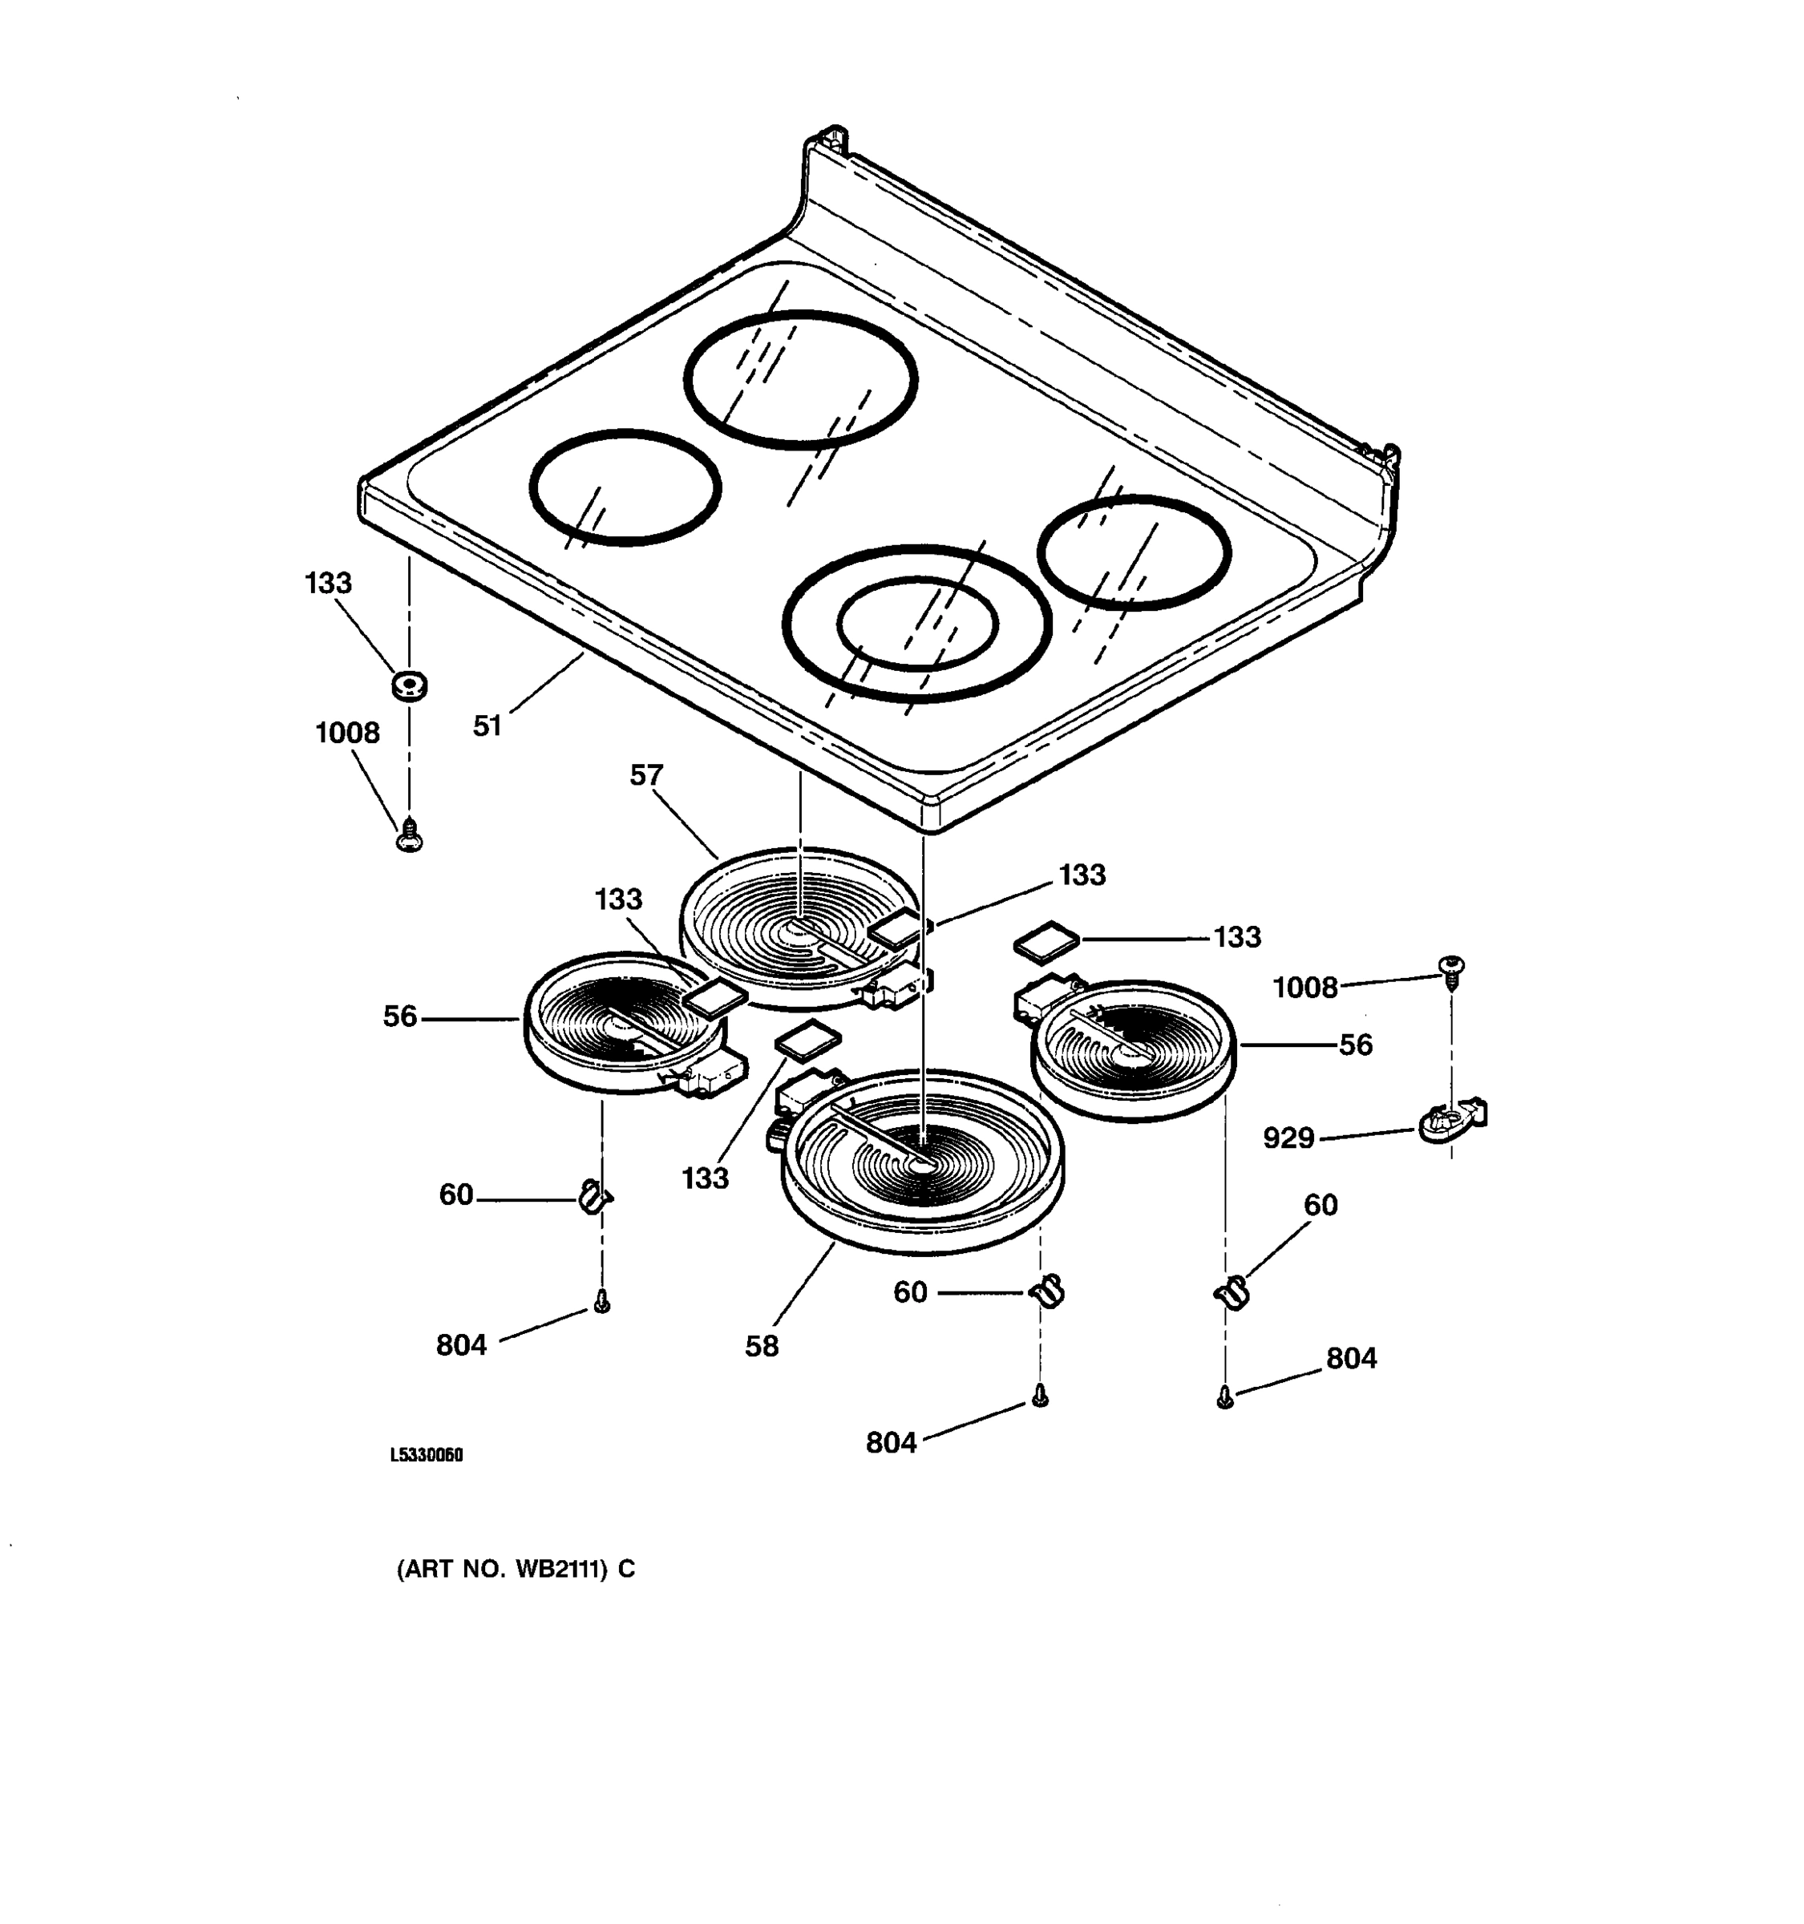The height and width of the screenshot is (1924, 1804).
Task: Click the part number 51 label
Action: (x=487, y=726)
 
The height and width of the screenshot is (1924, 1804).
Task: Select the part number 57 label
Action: (x=646, y=775)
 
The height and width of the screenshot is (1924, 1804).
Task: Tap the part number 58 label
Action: (x=762, y=1346)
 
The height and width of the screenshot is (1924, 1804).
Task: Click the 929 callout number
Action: (x=1288, y=1138)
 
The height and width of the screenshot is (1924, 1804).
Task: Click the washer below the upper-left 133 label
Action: (x=410, y=686)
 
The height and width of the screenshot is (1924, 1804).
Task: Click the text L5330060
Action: (x=427, y=1456)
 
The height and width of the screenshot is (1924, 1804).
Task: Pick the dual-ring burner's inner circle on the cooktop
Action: (x=916, y=623)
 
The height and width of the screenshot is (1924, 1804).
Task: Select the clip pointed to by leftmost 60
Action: (x=593, y=1197)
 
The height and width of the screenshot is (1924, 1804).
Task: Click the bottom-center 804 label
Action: (x=891, y=1443)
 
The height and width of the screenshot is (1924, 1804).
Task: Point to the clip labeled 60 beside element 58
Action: (x=1046, y=1290)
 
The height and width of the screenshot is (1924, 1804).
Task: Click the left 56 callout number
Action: (x=400, y=1017)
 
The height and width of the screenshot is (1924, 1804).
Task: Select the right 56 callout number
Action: (x=1355, y=1045)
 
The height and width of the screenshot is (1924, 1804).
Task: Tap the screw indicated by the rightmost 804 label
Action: (x=1225, y=1397)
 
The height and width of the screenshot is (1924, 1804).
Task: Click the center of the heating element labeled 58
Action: (x=922, y=1160)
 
